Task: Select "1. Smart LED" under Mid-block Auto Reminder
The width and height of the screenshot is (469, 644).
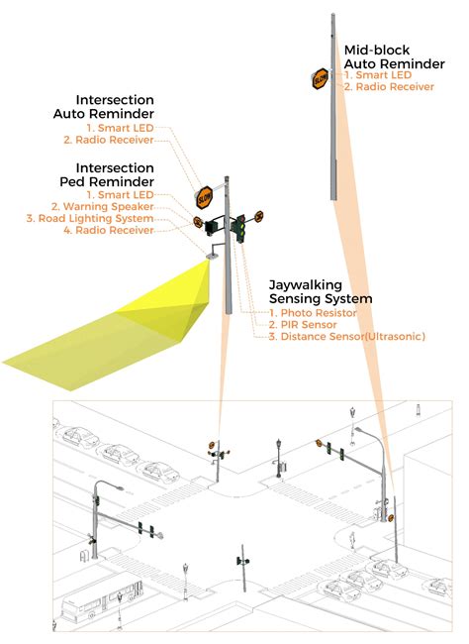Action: tap(380, 74)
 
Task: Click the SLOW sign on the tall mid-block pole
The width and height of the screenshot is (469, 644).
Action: tap(322, 79)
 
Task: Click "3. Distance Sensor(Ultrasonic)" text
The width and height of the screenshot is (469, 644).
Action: tap(346, 337)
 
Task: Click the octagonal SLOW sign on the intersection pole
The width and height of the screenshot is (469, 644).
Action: tap(205, 196)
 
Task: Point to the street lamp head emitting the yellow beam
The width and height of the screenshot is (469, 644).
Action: tap(211, 257)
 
